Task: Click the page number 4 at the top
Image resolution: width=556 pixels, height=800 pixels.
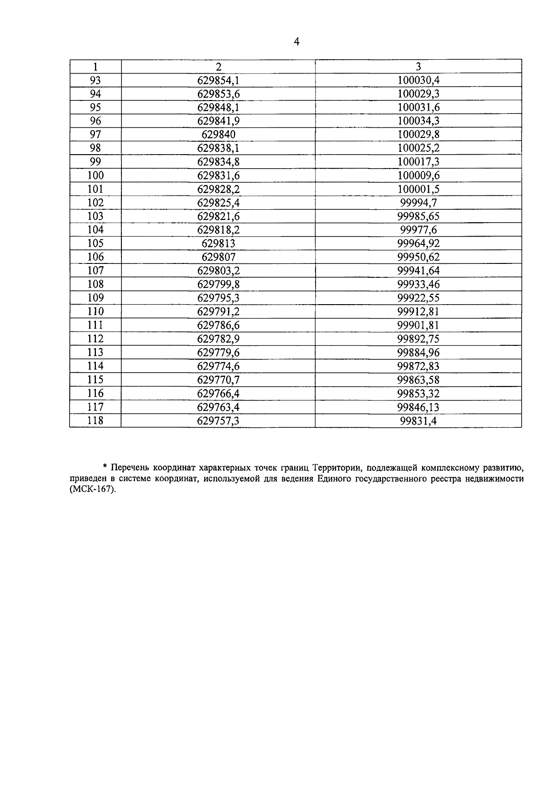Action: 297,42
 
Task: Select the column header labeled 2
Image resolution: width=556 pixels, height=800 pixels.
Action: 218,66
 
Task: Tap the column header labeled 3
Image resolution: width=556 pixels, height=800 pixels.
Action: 418,66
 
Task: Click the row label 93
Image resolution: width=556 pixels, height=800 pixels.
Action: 95,80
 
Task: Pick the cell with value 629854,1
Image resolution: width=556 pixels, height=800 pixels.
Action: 218,80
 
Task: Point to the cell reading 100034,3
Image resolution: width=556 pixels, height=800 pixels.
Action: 418,121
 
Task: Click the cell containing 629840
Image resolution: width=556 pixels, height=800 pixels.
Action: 218,134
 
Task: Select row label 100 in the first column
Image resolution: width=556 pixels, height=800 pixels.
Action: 95,175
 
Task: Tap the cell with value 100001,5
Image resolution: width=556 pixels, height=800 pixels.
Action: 418,189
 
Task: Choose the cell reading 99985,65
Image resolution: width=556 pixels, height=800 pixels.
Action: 418,216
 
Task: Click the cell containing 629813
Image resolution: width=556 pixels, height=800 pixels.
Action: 218,244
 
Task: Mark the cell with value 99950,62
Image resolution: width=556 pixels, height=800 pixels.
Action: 418,257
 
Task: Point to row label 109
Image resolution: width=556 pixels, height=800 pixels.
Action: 95,298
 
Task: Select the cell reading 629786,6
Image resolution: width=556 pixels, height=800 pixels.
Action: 218,325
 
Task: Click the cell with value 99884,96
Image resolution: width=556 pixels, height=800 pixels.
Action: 418,352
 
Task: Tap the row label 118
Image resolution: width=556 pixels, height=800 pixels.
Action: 95,420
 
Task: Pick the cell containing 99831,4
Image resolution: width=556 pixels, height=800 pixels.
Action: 418,420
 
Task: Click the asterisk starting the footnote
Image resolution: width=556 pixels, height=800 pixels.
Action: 105,466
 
